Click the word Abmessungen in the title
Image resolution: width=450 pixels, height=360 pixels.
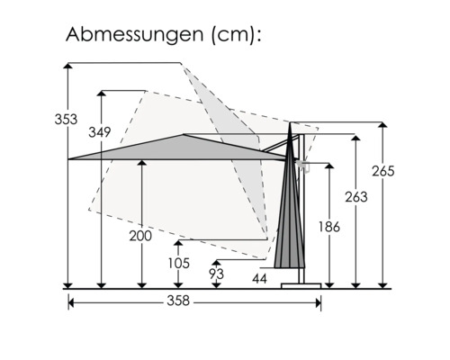click(x=135, y=34)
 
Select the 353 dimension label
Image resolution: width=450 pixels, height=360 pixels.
click(x=66, y=119)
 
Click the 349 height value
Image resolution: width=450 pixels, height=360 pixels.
click(x=100, y=132)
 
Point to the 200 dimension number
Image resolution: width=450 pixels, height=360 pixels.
click(x=140, y=236)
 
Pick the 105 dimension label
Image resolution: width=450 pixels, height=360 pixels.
click(x=179, y=263)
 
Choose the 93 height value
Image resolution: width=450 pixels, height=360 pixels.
click(x=217, y=274)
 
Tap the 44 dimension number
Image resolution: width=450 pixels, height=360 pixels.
click(x=259, y=279)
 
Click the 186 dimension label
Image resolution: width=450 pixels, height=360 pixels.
click(x=329, y=227)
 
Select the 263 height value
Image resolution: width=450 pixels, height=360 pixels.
click(x=356, y=197)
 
